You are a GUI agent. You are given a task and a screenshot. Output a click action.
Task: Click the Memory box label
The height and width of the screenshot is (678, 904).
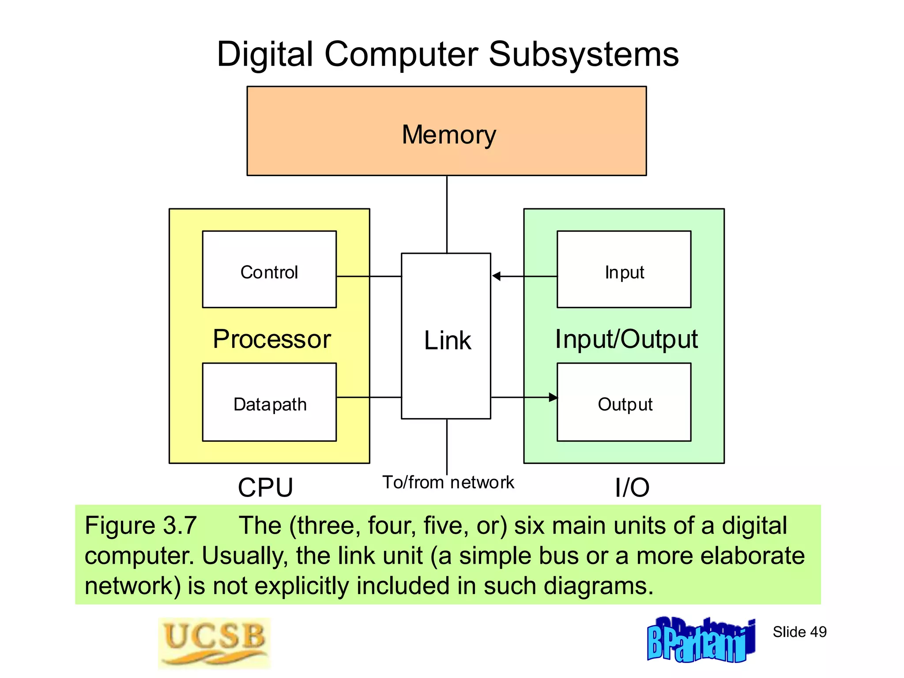pos(448,135)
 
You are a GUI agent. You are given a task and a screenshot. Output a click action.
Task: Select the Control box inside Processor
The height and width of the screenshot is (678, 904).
pos(269,269)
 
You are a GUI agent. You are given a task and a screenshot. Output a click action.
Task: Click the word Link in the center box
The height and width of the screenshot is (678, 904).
pos(447,340)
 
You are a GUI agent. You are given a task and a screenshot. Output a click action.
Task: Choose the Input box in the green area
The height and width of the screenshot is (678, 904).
pos(624,269)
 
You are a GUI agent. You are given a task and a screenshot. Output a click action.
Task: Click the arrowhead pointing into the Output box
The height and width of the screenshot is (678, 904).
pos(553,397)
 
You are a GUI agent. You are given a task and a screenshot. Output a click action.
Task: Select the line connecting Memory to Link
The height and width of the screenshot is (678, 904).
pos(447,215)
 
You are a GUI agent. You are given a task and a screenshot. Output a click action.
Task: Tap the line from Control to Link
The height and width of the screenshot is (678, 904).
pos(369,276)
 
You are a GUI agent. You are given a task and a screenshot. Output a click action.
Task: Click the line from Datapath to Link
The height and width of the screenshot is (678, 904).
pos(369,397)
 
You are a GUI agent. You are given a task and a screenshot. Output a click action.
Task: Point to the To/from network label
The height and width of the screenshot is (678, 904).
pos(448,482)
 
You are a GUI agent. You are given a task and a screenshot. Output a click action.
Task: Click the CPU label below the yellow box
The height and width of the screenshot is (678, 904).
pos(265,488)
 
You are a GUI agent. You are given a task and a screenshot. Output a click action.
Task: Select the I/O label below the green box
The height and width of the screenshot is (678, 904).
pos(632,488)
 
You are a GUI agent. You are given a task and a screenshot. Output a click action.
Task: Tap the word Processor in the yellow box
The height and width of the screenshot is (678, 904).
pos(272,339)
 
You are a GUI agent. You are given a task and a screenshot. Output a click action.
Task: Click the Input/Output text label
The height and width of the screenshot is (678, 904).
pos(626,339)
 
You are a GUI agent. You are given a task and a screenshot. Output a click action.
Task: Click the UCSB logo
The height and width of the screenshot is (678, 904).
pos(214,643)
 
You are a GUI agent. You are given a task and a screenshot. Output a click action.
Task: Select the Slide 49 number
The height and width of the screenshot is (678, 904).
pos(799,632)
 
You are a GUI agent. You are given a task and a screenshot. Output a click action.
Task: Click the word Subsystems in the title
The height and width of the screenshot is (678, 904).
pos(584,54)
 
